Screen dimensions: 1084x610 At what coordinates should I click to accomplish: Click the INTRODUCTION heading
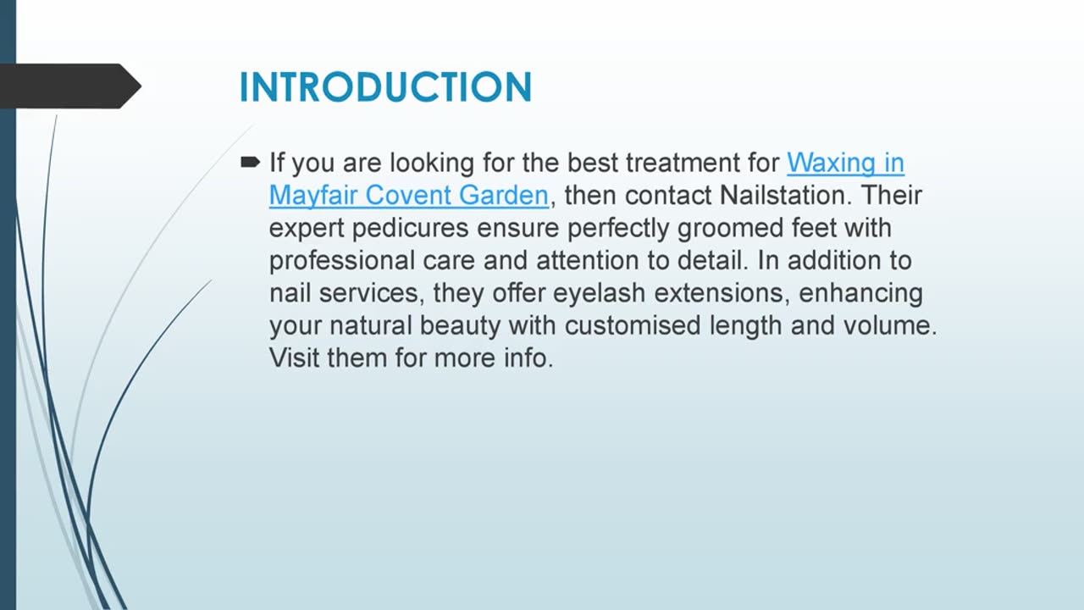pyautogui.click(x=385, y=87)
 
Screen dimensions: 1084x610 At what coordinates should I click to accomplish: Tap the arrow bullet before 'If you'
pyautogui.click(x=250, y=162)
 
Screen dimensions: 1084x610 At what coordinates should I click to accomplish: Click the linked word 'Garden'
pyautogui.click(x=504, y=195)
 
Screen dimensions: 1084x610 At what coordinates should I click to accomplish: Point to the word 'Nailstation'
pyautogui.click(x=783, y=195)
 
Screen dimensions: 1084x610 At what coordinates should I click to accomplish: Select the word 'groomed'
pyautogui.click(x=730, y=229)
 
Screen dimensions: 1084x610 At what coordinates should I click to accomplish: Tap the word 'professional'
pyautogui.click(x=341, y=260)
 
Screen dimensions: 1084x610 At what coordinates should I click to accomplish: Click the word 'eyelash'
pyautogui.click(x=599, y=293)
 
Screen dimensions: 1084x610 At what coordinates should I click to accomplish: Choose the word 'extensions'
pyautogui.click(x=722, y=293)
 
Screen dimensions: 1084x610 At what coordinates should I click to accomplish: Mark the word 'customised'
pyautogui.click(x=633, y=325)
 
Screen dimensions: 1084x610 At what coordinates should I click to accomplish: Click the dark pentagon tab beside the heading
pyautogui.click(x=70, y=86)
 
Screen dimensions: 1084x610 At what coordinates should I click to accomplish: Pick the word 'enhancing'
pyautogui.click(x=860, y=294)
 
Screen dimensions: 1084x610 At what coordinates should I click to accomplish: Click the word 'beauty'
pyautogui.click(x=460, y=326)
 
